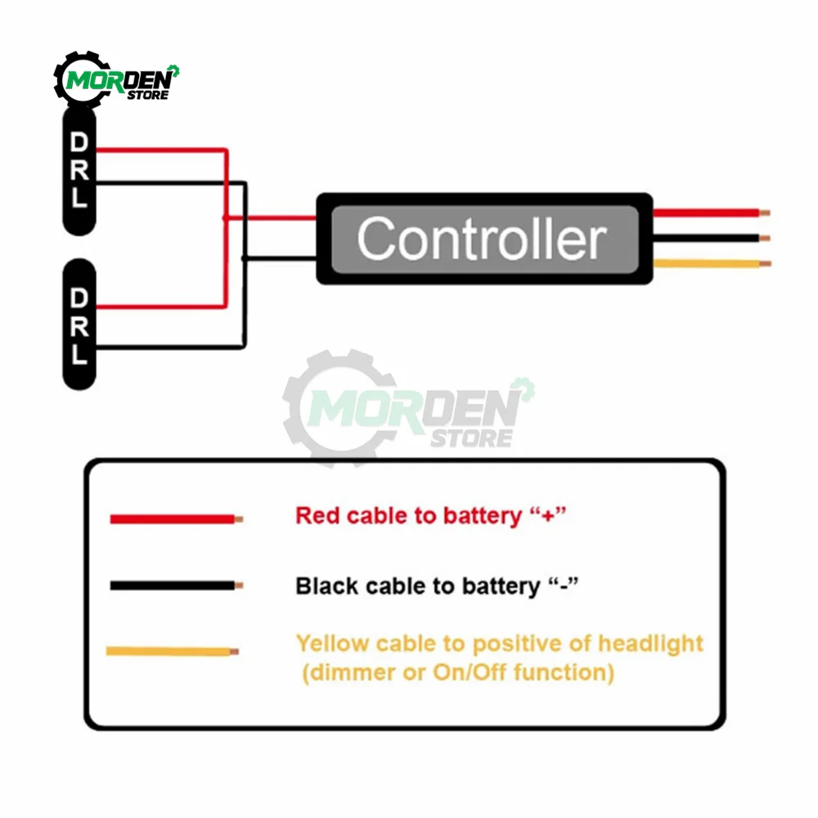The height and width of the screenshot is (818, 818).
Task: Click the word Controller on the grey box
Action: [481, 239]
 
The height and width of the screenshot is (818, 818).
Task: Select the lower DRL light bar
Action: [79, 325]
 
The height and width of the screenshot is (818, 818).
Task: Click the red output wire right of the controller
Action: [708, 213]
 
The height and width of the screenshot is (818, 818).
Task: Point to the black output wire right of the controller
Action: [708, 239]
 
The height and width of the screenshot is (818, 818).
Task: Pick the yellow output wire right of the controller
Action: [708, 263]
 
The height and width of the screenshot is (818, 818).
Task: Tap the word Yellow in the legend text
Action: [332, 644]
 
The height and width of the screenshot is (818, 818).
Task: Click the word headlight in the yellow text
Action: [650, 644]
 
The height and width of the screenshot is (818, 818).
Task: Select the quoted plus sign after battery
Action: [549, 515]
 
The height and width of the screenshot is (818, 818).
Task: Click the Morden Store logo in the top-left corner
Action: [116, 80]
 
